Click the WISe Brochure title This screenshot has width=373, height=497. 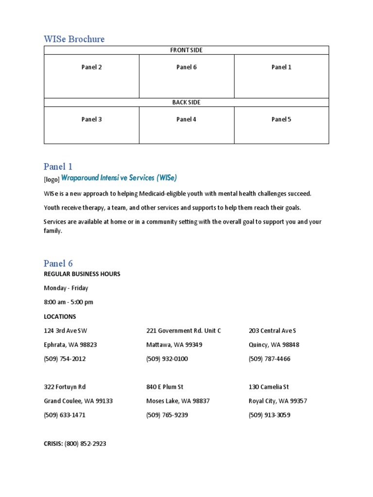click(x=74, y=39)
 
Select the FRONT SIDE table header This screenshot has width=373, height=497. click(x=186, y=50)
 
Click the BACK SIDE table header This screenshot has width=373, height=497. click(x=186, y=102)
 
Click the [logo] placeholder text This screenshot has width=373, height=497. click(x=51, y=179)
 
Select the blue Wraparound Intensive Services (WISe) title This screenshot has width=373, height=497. click(x=122, y=178)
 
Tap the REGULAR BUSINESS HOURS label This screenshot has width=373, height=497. click(x=82, y=274)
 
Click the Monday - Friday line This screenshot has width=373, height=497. click(x=66, y=288)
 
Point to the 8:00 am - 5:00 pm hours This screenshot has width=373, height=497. click(x=68, y=302)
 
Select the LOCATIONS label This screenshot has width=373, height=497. click(x=60, y=316)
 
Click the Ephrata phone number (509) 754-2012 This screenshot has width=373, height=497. click(x=65, y=359)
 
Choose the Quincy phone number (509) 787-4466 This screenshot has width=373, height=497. click(x=270, y=359)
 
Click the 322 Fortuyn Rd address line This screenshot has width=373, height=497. click(x=65, y=387)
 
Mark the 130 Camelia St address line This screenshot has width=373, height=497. click(x=269, y=387)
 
